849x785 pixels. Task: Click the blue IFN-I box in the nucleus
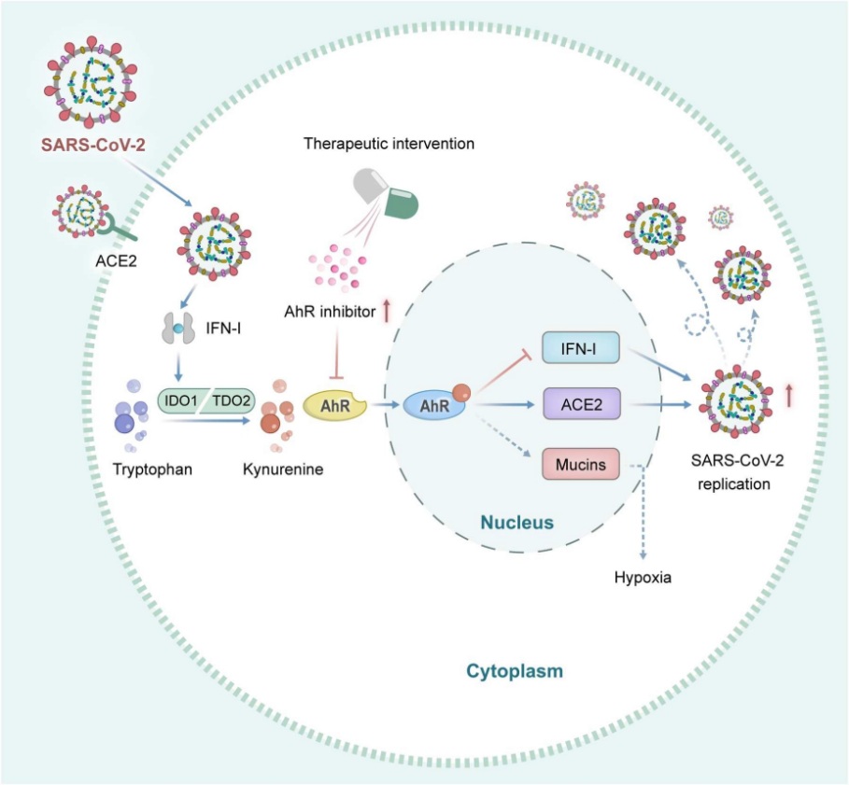pyautogui.click(x=580, y=347)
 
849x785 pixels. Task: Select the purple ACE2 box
pyautogui.click(x=582, y=403)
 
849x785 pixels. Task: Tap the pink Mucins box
pyautogui.click(x=580, y=464)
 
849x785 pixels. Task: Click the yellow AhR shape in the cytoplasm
pyautogui.click(x=334, y=406)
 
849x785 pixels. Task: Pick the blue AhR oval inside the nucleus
pyautogui.click(x=434, y=405)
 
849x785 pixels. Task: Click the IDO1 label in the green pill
pyautogui.click(x=181, y=400)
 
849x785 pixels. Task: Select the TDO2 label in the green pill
pyautogui.click(x=232, y=400)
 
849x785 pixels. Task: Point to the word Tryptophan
pyautogui.click(x=152, y=470)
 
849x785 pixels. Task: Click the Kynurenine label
pyautogui.click(x=283, y=470)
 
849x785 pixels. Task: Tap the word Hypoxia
pyautogui.click(x=643, y=578)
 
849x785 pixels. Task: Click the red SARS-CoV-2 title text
pyautogui.click(x=93, y=145)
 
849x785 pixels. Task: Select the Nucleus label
pyautogui.click(x=517, y=522)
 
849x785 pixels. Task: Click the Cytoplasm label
pyautogui.click(x=515, y=671)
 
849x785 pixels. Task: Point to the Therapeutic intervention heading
pyautogui.click(x=389, y=144)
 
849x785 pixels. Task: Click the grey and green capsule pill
pyautogui.click(x=386, y=193)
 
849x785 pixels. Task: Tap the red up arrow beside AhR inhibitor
pyautogui.click(x=387, y=311)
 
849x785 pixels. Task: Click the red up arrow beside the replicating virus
pyautogui.click(x=789, y=395)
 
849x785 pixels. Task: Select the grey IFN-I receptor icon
pyautogui.click(x=178, y=328)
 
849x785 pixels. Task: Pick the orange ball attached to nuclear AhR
pyautogui.click(x=460, y=393)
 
